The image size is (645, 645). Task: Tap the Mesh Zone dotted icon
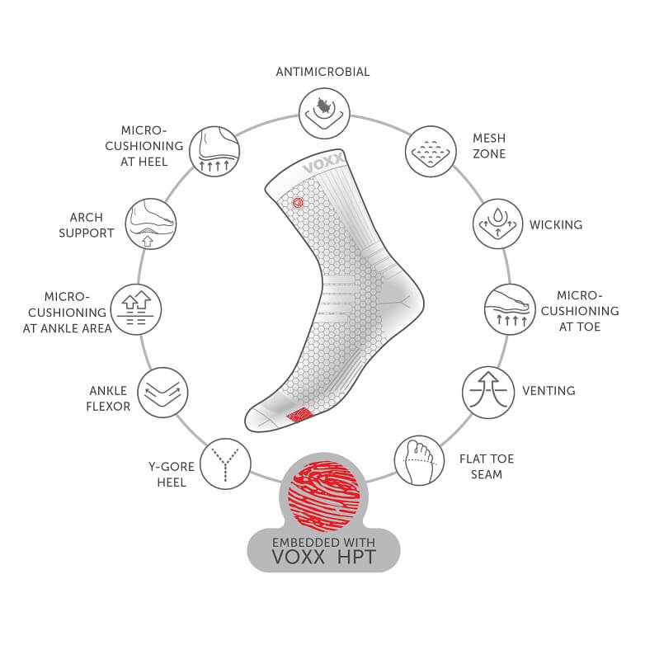431,149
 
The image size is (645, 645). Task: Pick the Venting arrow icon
486,390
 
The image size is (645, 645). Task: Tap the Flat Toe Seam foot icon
418,460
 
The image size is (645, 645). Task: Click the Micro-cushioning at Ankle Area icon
134,309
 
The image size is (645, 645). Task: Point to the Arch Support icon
150,224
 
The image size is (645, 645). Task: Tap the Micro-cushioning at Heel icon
214,149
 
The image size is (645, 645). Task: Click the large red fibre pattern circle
322,492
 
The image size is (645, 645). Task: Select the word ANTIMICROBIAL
322,72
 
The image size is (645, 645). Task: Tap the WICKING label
556,224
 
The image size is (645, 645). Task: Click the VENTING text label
548,390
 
